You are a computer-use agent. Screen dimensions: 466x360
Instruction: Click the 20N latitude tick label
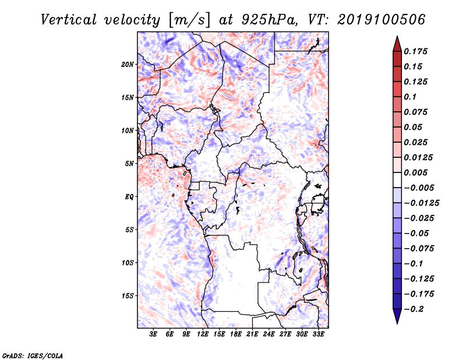127,65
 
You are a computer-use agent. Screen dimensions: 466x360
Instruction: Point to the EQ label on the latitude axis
129,197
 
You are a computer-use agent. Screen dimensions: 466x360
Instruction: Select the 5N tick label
129,164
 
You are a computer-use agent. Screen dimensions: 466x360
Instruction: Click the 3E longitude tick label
153,334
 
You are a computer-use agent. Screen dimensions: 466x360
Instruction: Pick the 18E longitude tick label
236,334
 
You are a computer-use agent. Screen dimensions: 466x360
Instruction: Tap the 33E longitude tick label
318,334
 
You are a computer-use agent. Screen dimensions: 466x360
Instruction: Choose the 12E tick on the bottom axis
203,334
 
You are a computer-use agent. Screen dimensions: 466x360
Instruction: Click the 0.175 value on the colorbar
415,51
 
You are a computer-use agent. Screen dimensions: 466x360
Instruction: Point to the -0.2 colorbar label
414,309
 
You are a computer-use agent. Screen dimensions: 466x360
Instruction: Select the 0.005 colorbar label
415,172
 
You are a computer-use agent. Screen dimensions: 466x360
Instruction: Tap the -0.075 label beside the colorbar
419,249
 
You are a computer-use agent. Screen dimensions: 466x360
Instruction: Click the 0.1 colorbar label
410,97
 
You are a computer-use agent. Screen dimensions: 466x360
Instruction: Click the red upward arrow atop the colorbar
397,44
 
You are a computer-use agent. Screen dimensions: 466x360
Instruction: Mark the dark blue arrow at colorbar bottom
397,316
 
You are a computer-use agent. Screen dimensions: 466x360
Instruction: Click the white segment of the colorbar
397,180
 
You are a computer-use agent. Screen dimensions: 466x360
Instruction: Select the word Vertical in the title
69,20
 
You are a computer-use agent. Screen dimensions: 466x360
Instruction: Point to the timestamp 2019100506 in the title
382,20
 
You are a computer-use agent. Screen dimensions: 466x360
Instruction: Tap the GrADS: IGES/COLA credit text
33,355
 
